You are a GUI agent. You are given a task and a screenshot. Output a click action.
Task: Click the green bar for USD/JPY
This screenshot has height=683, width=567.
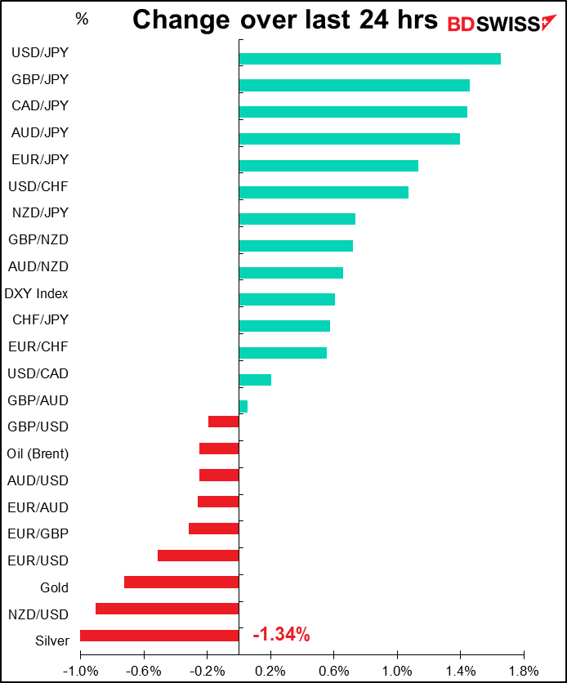(370, 59)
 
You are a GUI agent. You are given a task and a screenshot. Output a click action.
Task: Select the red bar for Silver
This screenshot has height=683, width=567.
(159, 636)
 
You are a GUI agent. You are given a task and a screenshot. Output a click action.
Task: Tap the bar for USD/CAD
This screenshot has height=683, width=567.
(255, 380)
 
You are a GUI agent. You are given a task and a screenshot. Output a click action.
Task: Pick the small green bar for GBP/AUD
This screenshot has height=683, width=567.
(243, 406)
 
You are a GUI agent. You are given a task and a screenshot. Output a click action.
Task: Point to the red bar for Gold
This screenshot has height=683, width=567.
(181, 582)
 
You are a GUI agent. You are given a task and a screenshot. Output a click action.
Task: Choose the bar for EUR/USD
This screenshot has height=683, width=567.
(199, 556)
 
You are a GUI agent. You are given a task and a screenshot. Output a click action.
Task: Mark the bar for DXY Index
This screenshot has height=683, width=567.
(287, 299)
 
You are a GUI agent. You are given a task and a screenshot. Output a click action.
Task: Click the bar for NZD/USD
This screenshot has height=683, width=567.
(167, 609)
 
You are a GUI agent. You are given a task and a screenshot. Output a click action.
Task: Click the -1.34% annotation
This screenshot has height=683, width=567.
(281, 634)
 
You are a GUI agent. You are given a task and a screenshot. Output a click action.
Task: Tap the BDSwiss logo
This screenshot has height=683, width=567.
(502, 24)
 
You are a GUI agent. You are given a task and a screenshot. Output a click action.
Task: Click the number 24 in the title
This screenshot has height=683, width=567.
(373, 20)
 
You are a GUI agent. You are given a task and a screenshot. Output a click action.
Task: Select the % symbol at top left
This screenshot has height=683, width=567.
(82, 19)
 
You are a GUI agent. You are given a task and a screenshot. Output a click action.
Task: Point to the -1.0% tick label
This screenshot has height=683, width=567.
(81, 671)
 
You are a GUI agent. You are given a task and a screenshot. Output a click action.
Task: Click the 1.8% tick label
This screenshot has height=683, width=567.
(524, 671)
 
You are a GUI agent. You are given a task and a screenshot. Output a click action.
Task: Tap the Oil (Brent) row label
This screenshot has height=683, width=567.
(38, 454)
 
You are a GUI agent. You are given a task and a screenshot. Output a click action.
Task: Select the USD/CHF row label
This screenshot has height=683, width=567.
(38, 186)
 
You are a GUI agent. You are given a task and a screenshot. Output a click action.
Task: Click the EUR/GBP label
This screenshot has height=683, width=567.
(38, 533)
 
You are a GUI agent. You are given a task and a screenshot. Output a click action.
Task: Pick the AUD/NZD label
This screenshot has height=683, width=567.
(38, 266)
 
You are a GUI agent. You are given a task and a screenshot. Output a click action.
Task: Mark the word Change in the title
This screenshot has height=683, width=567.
(181, 20)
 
